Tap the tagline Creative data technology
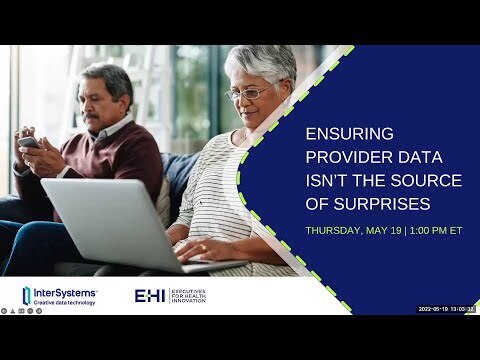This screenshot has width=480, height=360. click(x=67, y=302)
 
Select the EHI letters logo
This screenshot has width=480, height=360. click(x=152, y=295)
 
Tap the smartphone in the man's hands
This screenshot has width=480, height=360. click(x=30, y=142)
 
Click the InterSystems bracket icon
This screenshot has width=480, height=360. click(x=27, y=295)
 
